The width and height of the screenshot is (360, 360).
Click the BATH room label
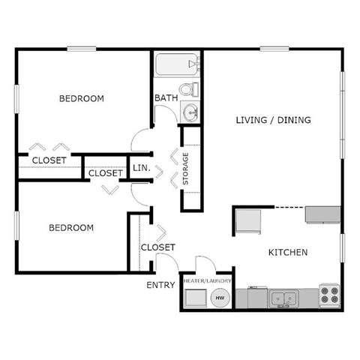point(165,98)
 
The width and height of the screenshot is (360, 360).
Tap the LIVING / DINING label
point(273,120)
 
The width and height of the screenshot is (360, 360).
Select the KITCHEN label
point(288,253)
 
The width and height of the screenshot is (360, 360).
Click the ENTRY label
point(160,285)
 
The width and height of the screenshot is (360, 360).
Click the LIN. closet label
point(142,169)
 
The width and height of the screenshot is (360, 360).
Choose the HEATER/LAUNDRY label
point(206,280)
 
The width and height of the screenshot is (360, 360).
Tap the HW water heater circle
point(220,298)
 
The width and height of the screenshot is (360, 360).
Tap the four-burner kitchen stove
point(329,295)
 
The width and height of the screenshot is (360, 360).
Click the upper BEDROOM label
point(82,98)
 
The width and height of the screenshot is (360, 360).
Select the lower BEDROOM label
point(71,227)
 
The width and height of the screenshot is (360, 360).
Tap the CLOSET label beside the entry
point(158,247)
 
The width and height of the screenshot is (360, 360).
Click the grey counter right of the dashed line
point(322,214)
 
